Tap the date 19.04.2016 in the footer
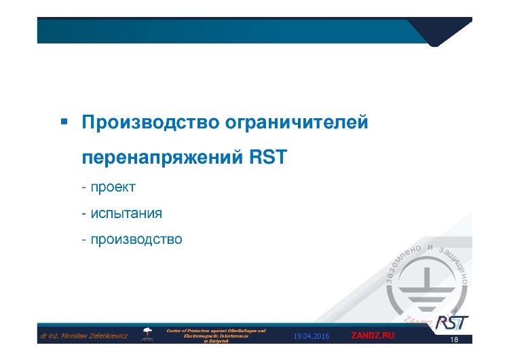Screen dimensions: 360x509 coord(311,336)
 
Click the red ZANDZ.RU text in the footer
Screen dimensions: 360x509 coord(372,336)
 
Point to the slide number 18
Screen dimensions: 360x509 coord(454,340)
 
